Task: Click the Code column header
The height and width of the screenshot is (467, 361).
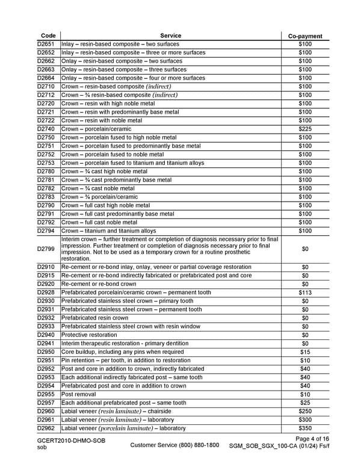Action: point(47,36)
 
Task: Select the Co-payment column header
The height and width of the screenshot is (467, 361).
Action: point(305,36)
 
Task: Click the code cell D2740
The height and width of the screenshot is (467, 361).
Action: point(47,129)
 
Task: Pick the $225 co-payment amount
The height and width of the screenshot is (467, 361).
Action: point(305,129)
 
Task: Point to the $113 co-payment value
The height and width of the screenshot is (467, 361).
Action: point(305,292)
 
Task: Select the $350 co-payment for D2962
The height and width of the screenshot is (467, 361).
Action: point(305,428)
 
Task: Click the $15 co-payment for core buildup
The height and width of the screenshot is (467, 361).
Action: point(305,352)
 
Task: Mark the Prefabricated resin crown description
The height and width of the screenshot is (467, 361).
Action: point(95,318)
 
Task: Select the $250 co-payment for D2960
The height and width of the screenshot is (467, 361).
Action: point(305,412)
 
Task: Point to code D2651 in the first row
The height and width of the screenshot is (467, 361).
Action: point(47,44)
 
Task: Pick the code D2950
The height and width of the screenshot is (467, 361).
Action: point(47,352)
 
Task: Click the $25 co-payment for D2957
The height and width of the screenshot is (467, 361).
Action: point(305,403)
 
